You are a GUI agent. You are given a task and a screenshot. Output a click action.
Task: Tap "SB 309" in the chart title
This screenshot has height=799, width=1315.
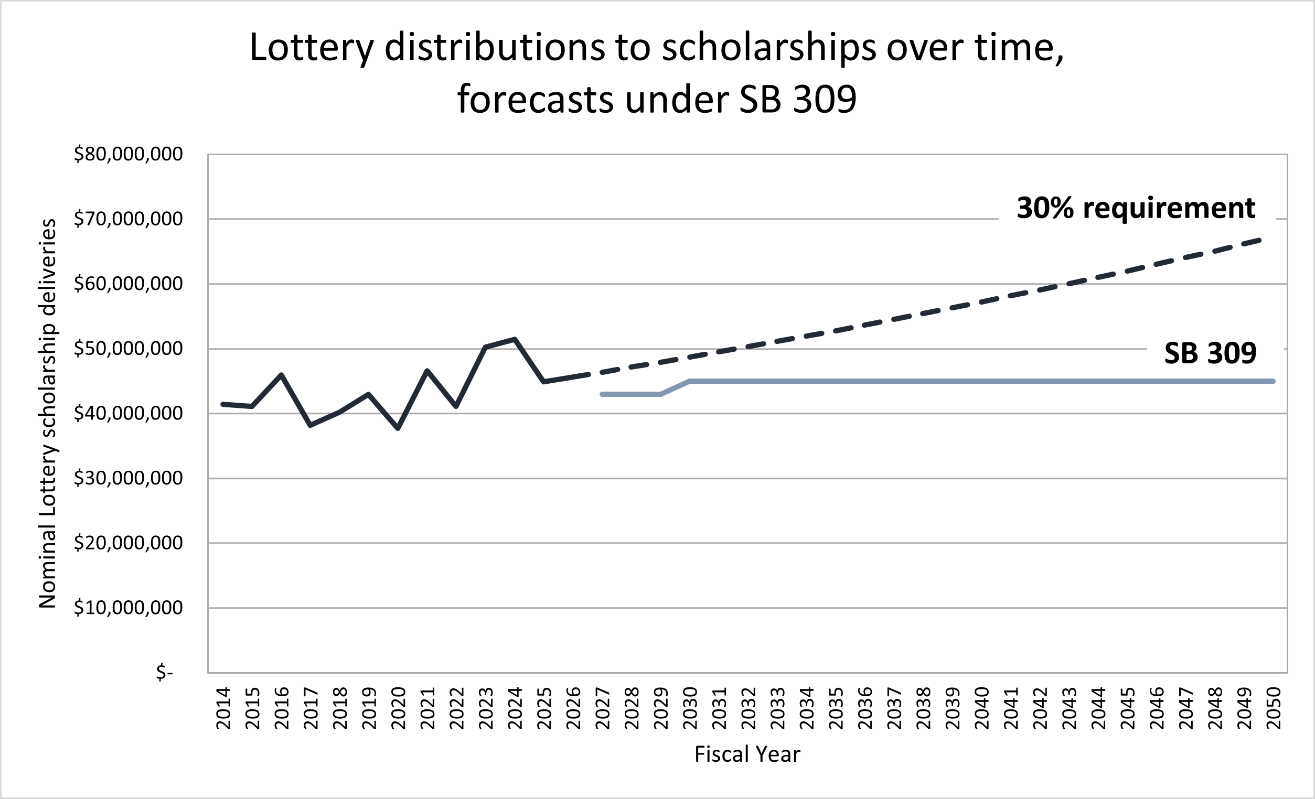797,100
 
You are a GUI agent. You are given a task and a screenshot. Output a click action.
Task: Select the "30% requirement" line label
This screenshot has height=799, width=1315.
1136,208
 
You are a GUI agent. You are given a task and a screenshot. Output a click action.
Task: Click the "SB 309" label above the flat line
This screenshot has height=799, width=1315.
1210,353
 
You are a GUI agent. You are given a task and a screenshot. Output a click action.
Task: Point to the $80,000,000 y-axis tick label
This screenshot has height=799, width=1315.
128,154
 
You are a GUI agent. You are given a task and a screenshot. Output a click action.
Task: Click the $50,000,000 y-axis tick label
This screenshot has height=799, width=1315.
128,349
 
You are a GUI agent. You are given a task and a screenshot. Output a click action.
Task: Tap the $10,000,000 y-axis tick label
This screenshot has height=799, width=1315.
128,608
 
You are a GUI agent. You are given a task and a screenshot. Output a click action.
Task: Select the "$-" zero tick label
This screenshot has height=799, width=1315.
164,673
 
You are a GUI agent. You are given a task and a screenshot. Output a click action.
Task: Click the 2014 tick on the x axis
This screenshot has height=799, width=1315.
223,708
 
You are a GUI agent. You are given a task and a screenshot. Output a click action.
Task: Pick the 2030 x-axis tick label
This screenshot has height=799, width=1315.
690,708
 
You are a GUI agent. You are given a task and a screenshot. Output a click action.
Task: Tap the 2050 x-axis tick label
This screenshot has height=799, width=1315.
1274,708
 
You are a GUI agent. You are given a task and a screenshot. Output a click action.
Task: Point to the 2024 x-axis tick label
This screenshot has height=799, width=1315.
515,708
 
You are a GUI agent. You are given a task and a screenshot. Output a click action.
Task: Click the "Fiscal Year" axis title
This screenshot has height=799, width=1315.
747,754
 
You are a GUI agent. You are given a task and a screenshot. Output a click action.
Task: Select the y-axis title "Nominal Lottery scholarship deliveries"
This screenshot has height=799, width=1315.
48,413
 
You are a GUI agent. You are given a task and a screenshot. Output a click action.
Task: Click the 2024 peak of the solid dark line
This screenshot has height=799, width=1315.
515,339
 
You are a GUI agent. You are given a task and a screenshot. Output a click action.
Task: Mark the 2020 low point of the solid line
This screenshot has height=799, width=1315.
398,428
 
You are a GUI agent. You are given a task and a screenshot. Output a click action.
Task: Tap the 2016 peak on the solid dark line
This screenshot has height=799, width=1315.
281,374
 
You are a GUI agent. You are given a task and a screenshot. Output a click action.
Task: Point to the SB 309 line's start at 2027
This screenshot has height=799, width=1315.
603,394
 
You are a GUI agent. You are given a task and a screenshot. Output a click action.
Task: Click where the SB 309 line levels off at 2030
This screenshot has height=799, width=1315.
690,381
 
